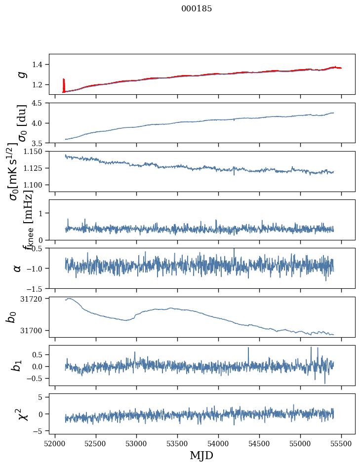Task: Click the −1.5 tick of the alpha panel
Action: click(x=36, y=288)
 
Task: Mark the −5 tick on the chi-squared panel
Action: click(x=39, y=431)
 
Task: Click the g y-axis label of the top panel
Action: click(x=21, y=74)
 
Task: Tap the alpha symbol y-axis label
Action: click(x=17, y=268)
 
